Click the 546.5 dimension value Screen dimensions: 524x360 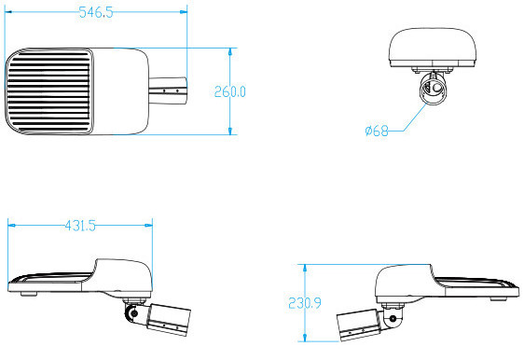click(x=96, y=12)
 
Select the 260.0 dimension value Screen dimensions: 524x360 click(x=229, y=91)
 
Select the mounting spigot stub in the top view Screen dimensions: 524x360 click(x=171, y=90)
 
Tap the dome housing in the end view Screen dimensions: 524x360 click(x=434, y=47)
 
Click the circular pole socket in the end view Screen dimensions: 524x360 click(x=434, y=90)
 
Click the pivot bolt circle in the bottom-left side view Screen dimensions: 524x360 click(x=134, y=312)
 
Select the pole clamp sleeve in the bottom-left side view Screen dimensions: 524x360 click(x=168, y=317)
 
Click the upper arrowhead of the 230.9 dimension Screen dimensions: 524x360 click(x=304, y=267)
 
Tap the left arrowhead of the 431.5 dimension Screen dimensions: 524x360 click(x=11, y=225)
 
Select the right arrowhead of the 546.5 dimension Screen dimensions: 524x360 click(x=185, y=12)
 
